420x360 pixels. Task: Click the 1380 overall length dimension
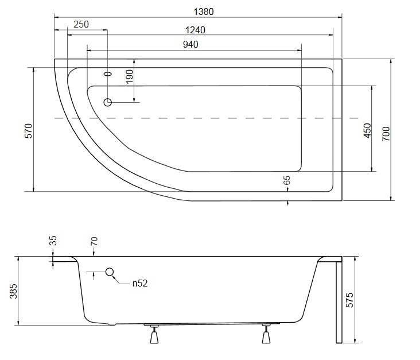(x=204, y=11)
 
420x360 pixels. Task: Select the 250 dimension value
(x=81, y=24)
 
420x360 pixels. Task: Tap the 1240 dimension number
(x=195, y=30)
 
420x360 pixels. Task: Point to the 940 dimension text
(x=190, y=44)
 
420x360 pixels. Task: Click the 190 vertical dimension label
(x=129, y=77)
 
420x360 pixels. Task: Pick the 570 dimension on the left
(x=28, y=131)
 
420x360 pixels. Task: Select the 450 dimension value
(x=367, y=130)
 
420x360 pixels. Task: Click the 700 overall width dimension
(x=386, y=134)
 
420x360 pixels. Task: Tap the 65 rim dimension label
(x=287, y=180)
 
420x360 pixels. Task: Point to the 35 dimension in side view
(x=53, y=241)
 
